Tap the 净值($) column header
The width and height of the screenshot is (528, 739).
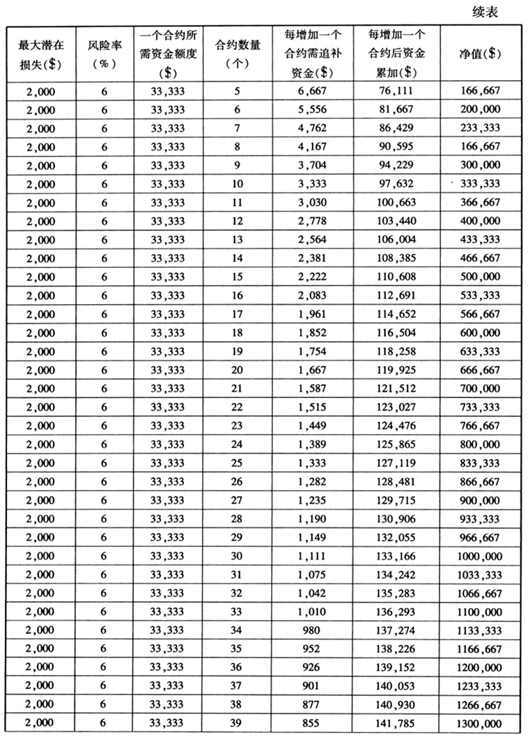(480, 53)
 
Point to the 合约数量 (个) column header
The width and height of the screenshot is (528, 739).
(238, 53)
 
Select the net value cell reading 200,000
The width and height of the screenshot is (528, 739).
(480, 109)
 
